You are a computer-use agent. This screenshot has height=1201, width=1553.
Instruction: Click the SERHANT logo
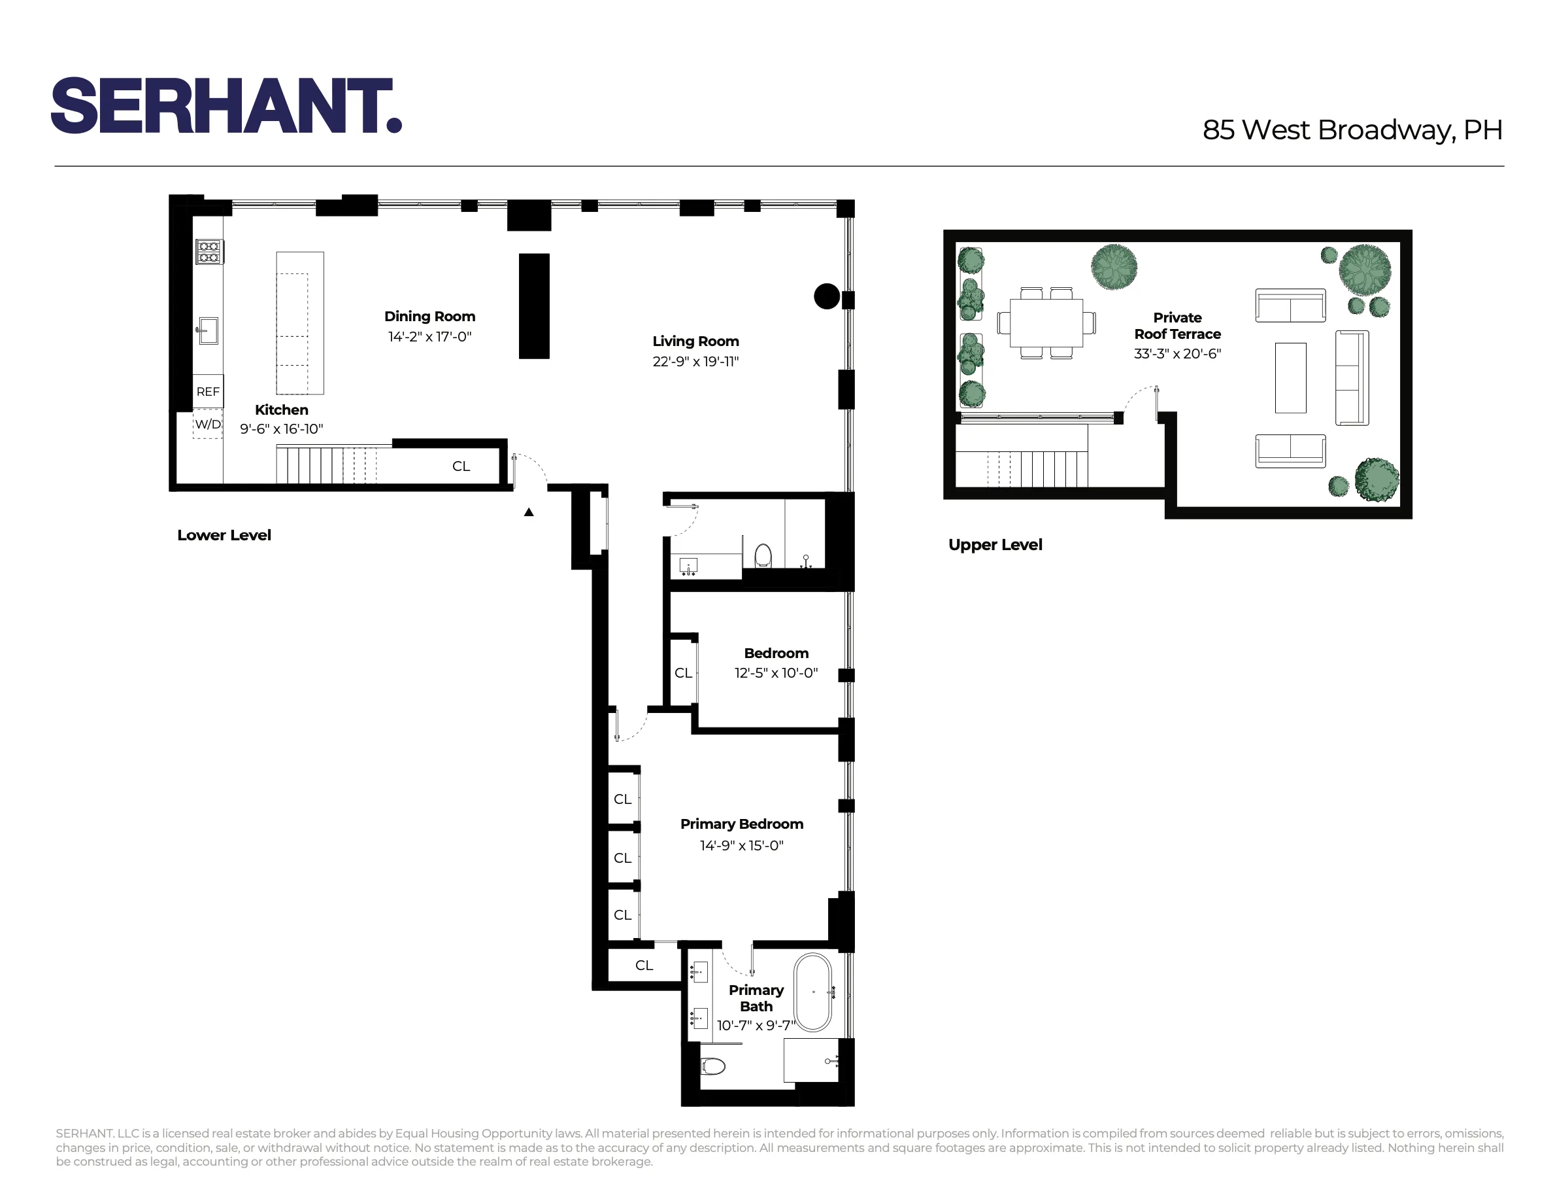[226, 106]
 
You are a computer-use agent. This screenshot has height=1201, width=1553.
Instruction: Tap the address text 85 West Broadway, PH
[1352, 130]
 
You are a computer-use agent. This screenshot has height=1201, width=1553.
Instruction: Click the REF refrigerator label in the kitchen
[208, 392]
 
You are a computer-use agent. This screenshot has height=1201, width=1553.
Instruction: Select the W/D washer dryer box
[208, 425]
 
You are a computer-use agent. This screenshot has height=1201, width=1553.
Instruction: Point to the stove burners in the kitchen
[209, 252]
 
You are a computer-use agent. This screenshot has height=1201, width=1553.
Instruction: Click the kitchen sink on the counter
[209, 331]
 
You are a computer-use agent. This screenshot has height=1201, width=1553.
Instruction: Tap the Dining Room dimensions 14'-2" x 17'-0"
[429, 336]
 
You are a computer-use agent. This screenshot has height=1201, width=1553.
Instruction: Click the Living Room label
[695, 341]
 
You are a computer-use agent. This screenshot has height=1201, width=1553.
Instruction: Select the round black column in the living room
[826, 296]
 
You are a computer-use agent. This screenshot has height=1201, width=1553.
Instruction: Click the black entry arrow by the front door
[528, 512]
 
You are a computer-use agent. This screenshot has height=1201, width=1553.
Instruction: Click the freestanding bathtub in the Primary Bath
[812, 992]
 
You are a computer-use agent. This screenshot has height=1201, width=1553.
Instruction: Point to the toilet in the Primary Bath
[712, 1066]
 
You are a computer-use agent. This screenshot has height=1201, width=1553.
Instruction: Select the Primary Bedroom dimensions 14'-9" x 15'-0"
[741, 845]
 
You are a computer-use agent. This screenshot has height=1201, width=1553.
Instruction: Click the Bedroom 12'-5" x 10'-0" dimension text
[776, 673]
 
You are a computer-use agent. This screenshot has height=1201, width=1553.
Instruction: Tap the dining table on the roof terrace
[1046, 322]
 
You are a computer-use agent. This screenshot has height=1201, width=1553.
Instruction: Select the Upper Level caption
[995, 545]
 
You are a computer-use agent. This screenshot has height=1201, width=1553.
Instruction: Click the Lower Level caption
[224, 536]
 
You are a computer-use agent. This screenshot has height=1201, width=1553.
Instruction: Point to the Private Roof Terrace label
[1177, 326]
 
